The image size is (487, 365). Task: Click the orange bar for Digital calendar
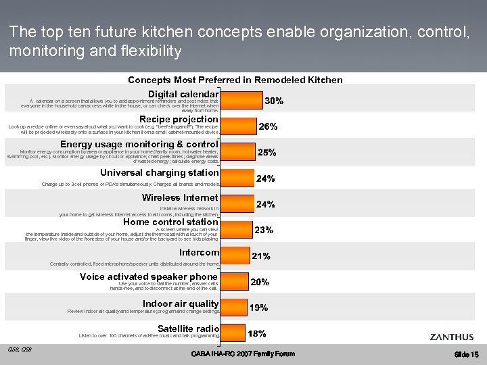241,100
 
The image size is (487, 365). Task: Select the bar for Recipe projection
237,126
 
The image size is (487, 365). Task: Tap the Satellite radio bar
233,333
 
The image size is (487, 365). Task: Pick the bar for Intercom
235,255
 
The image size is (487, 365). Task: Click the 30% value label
274,101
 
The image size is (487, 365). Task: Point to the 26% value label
269,126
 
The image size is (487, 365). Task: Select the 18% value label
256,334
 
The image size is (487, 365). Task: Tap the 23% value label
264,230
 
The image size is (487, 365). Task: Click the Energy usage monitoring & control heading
139,144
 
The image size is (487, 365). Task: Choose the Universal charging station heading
160,172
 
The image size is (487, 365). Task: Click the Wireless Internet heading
180,197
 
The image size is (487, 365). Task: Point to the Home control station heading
170,222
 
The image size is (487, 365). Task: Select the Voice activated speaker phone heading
149,276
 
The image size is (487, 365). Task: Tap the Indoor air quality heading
181,303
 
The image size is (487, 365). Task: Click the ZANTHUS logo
451,337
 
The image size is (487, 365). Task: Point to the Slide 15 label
467,355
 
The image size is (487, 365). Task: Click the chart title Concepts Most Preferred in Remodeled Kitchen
235,80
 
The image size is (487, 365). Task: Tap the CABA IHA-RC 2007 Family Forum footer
243,354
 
